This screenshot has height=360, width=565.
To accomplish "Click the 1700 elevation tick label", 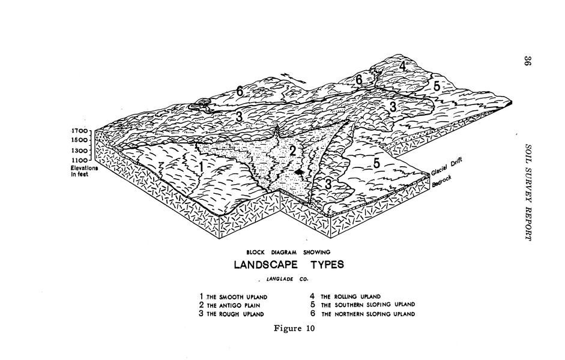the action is click(79, 131).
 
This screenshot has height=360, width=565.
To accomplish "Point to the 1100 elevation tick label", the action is click(79, 160).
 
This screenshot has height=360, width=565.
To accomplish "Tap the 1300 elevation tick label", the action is click(79, 150).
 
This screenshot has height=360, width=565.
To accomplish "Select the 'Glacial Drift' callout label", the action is click(447, 167).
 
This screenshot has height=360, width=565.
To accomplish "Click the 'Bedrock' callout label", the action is click(441, 182).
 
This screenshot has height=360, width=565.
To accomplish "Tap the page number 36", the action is click(527, 61).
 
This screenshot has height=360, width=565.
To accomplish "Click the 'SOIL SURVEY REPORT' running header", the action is click(528, 193).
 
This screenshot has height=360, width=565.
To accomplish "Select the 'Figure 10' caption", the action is click(294, 328).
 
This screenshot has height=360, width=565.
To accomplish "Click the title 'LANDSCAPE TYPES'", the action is click(289, 265).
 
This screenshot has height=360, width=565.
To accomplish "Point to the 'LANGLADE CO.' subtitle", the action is click(288, 279).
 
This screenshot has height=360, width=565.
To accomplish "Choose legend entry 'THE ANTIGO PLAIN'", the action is click(229, 305).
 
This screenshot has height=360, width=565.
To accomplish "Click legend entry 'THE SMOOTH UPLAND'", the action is click(234, 296).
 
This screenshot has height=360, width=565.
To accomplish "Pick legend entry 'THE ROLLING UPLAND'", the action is click(345, 296).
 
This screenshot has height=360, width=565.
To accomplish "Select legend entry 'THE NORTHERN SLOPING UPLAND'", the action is click(363, 314).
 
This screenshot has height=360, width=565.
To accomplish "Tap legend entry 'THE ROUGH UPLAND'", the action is click(231, 314).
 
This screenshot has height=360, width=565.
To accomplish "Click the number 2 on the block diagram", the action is click(292, 151).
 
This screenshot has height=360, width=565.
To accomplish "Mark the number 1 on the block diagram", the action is click(201, 167).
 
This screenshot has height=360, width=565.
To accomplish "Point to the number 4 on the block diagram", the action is click(402, 67).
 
